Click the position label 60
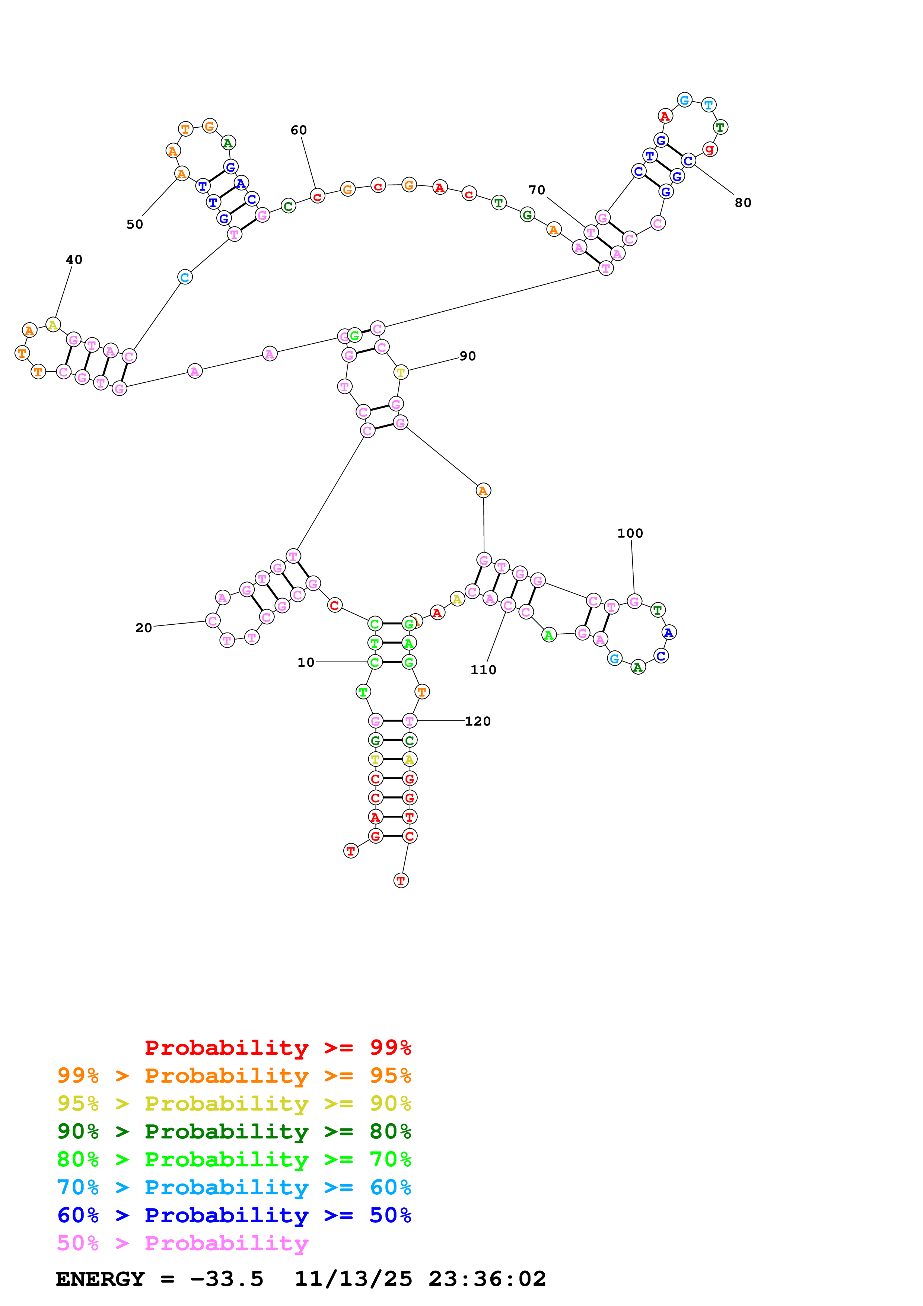click(299, 130)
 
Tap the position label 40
click(74, 260)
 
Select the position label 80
click(743, 203)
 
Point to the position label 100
click(630, 533)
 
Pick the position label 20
click(144, 628)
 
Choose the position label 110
click(483, 670)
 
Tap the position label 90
click(468, 356)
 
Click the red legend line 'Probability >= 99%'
click(277, 1048)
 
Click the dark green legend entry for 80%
click(234, 1131)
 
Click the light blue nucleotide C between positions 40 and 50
click(185, 278)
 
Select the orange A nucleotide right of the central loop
click(483, 490)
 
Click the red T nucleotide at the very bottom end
click(401, 880)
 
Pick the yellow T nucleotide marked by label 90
click(401, 373)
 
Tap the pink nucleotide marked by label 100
click(634, 601)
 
